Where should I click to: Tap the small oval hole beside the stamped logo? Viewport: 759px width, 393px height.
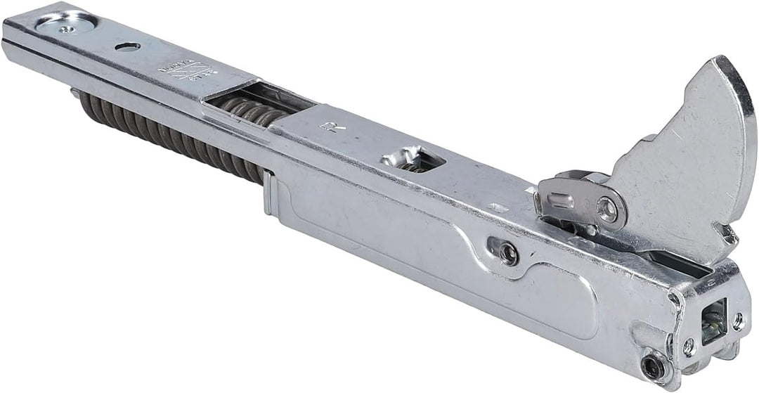pyautogui.click(x=129, y=46)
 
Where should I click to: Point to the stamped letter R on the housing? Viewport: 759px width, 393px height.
pyautogui.click(x=326, y=127)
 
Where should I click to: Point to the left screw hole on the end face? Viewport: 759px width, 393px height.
pyautogui.click(x=690, y=345)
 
